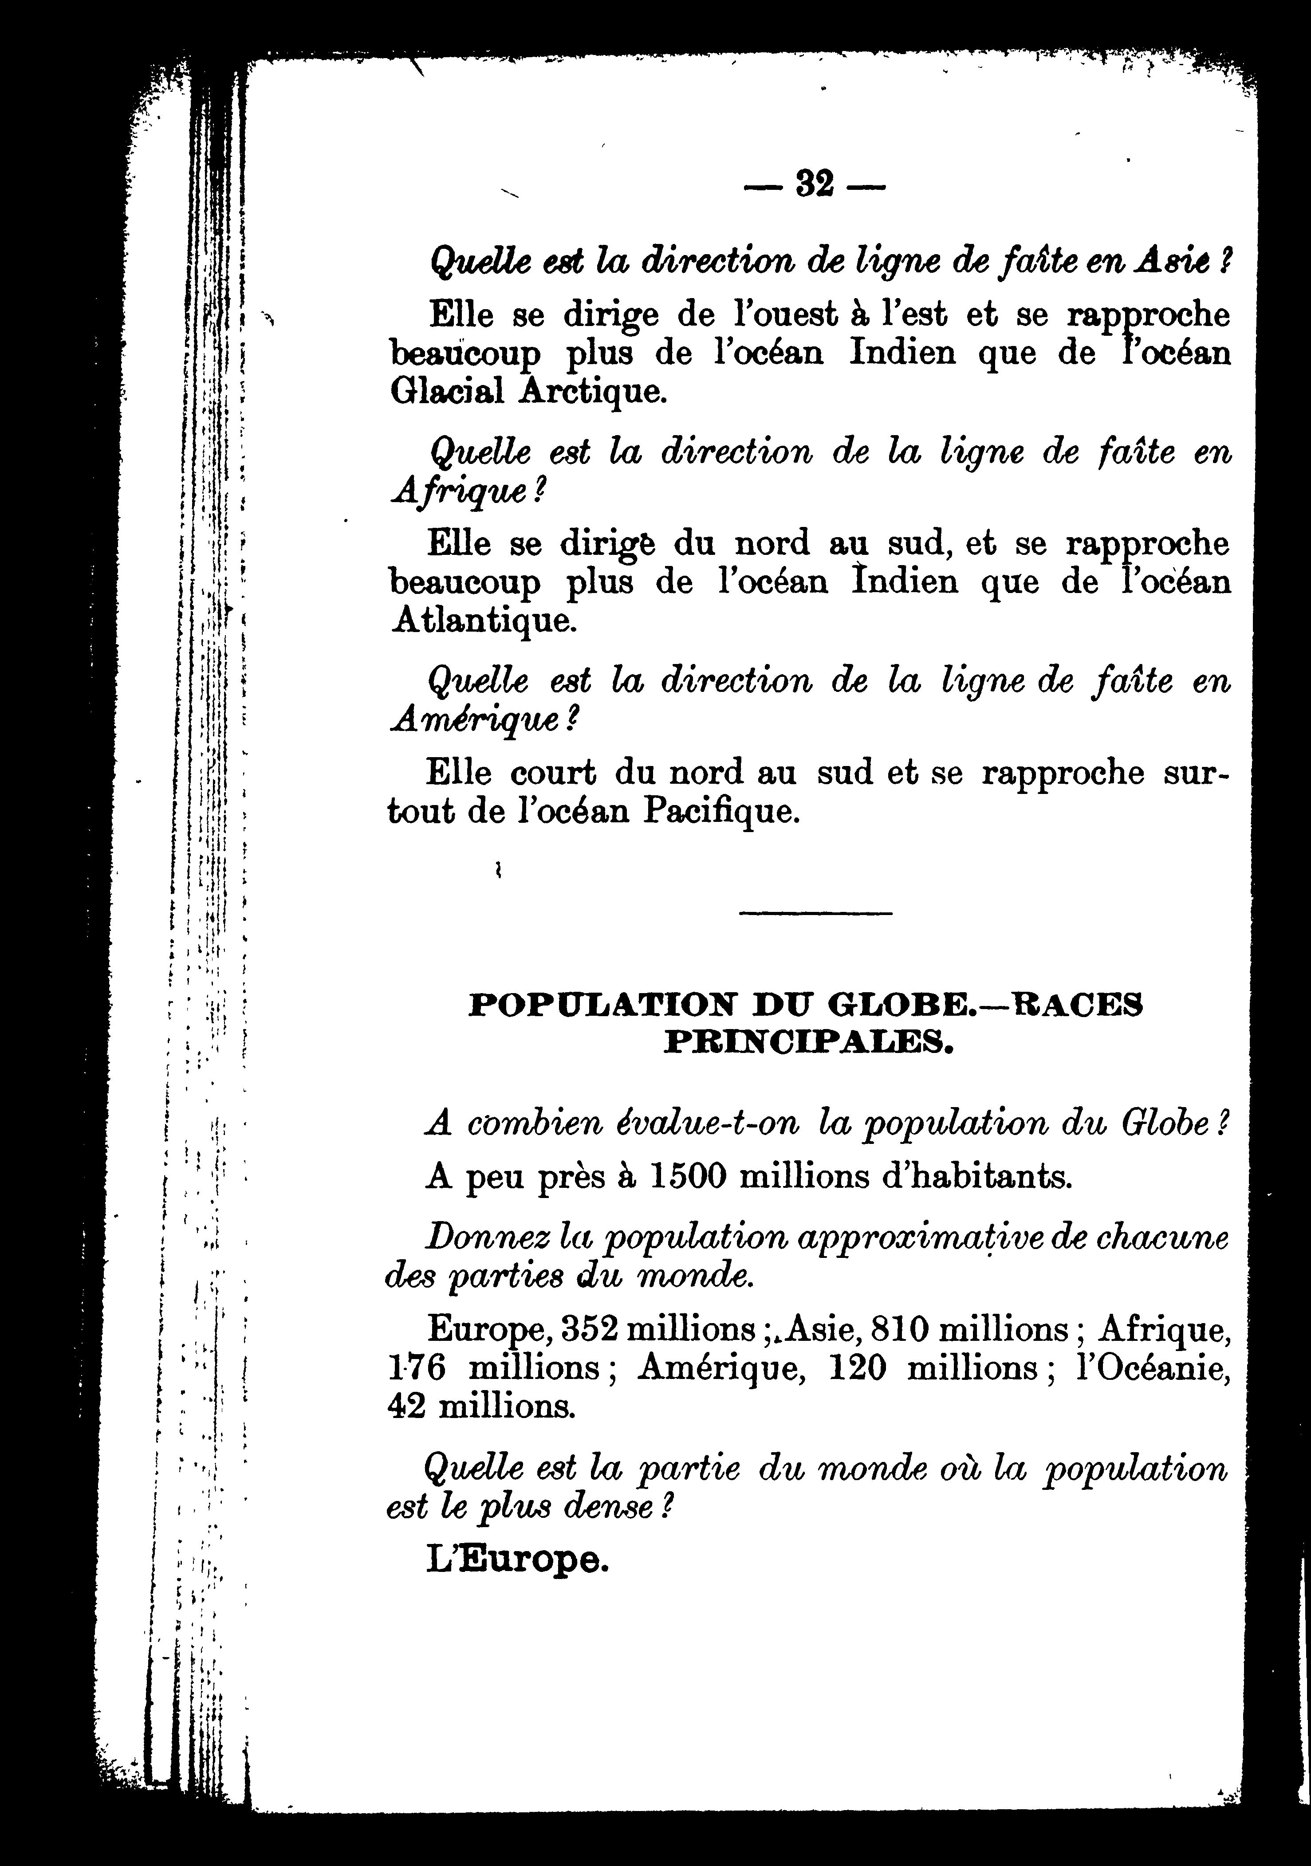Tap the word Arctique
(x=593, y=393)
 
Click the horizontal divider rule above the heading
(x=815, y=914)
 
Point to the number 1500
(x=687, y=1178)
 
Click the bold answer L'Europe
(x=516, y=1560)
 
